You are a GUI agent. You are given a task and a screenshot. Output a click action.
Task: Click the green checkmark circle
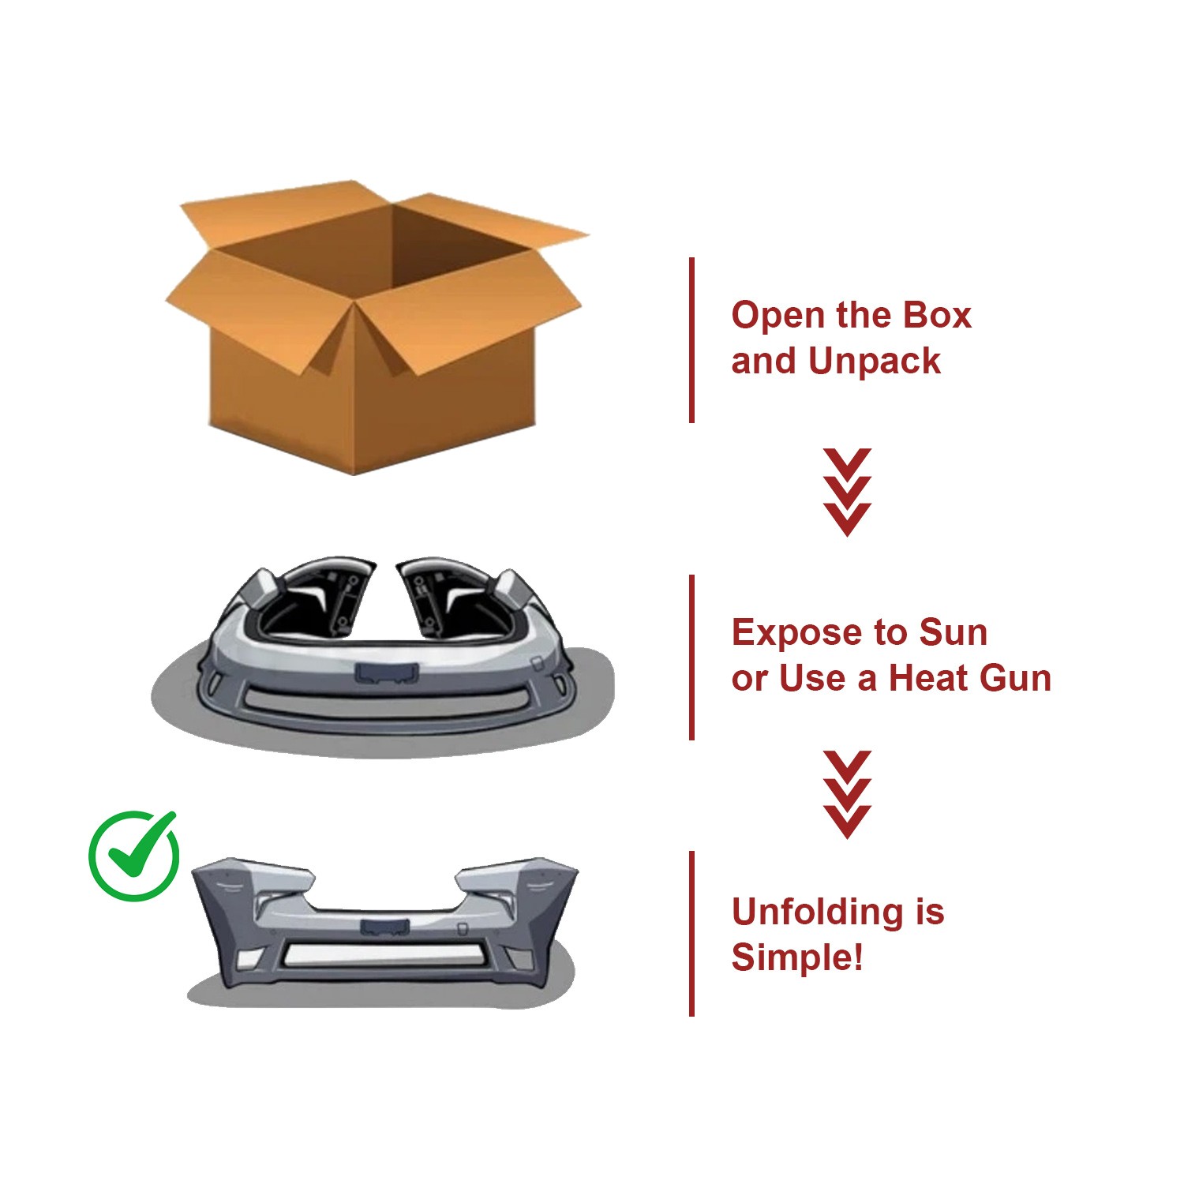(x=133, y=856)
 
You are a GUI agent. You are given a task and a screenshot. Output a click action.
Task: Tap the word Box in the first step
(x=937, y=316)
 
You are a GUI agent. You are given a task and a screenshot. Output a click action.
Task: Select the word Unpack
(x=875, y=362)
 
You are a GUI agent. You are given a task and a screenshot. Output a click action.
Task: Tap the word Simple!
(x=797, y=958)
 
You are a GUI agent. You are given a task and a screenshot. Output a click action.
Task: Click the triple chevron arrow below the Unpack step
(x=847, y=493)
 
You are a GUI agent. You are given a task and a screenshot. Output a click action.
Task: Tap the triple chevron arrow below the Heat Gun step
(x=847, y=795)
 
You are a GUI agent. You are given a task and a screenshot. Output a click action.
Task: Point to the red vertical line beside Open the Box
(x=692, y=340)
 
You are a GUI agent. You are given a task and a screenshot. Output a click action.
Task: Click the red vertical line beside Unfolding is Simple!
(x=692, y=934)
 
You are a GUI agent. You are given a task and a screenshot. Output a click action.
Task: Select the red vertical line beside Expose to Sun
(x=692, y=658)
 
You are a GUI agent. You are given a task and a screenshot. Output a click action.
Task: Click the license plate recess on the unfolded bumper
(x=384, y=927)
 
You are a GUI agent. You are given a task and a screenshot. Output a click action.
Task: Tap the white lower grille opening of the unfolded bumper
(x=384, y=955)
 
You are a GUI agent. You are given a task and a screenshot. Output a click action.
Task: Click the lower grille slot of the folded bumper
(x=384, y=699)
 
